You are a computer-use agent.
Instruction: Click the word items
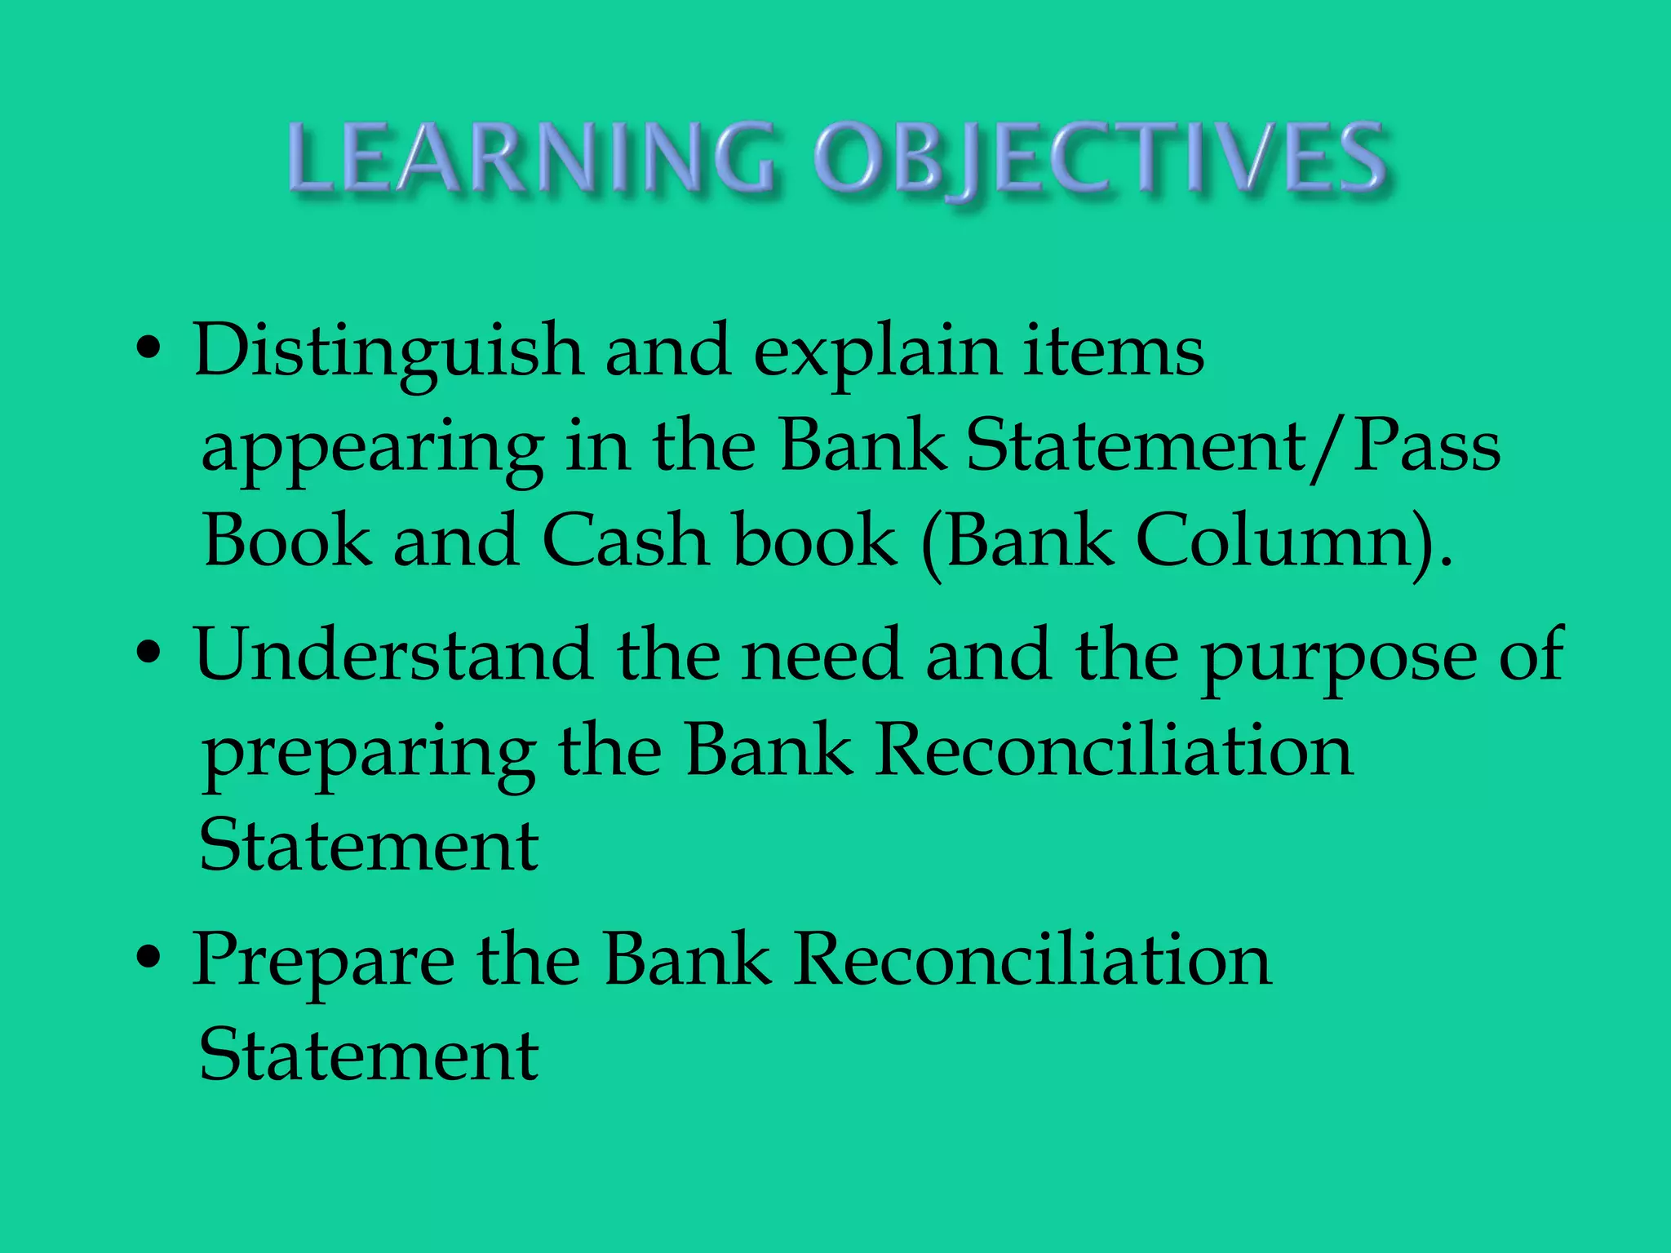tap(1114, 351)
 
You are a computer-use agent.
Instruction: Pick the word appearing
tap(372, 449)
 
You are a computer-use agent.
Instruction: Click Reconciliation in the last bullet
tap(1032, 959)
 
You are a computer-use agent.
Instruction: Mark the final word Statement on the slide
tap(369, 1054)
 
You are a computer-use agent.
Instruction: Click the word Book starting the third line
tap(288, 540)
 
